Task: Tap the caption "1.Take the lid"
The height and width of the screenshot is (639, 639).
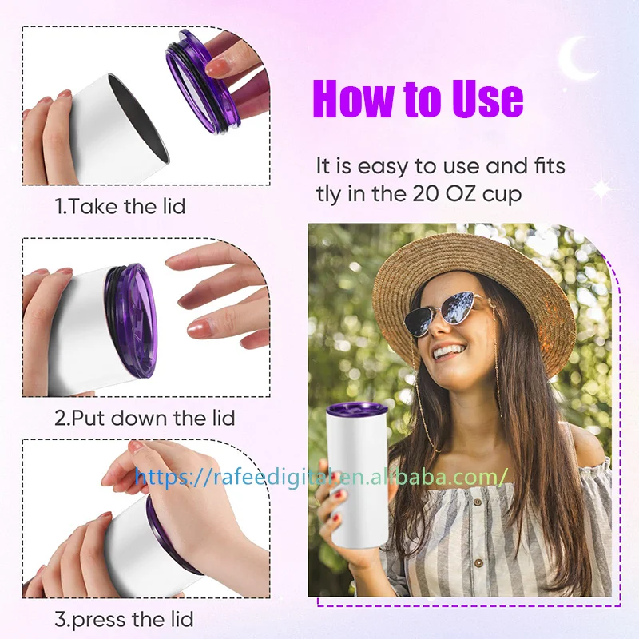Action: pyautogui.click(x=120, y=206)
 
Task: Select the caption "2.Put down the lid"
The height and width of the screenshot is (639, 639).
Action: pyautogui.click(x=144, y=417)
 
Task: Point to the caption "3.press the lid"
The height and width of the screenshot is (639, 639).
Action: pyautogui.click(x=124, y=618)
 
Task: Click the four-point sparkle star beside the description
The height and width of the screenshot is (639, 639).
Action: pyautogui.click(x=601, y=189)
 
